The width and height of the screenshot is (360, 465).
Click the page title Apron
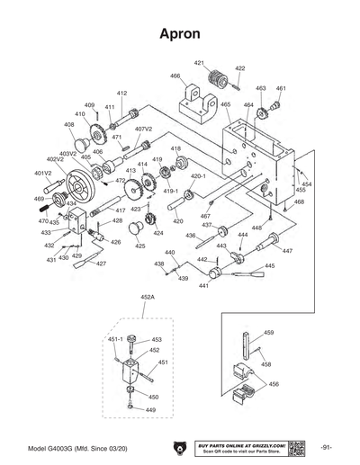[180, 33]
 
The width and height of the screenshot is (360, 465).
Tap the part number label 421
[199, 62]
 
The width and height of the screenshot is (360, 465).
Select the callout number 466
[175, 76]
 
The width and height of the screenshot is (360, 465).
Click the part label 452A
[148, 296]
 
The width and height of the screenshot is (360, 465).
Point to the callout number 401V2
[43, 173]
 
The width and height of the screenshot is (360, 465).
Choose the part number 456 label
[274, 383]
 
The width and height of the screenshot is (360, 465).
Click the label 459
[267, 333]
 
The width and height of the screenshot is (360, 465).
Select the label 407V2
[143, 129]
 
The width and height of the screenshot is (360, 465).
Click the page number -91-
[326, 447]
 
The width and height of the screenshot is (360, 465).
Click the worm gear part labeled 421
[216, 87]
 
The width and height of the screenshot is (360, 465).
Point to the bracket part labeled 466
[197, 106]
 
